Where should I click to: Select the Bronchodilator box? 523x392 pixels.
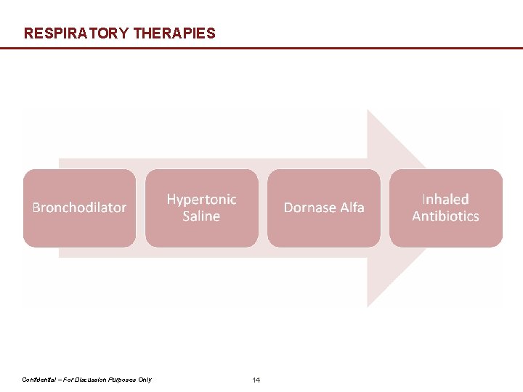[79, 208]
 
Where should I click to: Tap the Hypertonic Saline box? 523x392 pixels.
[201, 208]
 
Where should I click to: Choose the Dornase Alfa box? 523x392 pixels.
[323, 208]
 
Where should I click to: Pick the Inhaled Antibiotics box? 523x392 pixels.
[445, 208]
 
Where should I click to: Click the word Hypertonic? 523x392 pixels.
[201, 199]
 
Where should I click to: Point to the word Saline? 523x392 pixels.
[201, 216]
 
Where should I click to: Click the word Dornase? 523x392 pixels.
[308, 208]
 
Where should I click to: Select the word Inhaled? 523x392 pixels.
[445, 199]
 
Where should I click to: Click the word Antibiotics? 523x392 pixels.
[445, 216]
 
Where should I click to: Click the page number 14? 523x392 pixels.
[256, 380]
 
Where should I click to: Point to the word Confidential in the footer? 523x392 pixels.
[40, 380]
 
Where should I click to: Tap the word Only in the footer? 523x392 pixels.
[144, 380]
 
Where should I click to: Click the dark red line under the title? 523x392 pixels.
[261, 48]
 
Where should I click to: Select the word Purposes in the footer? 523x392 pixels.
[121, 380]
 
